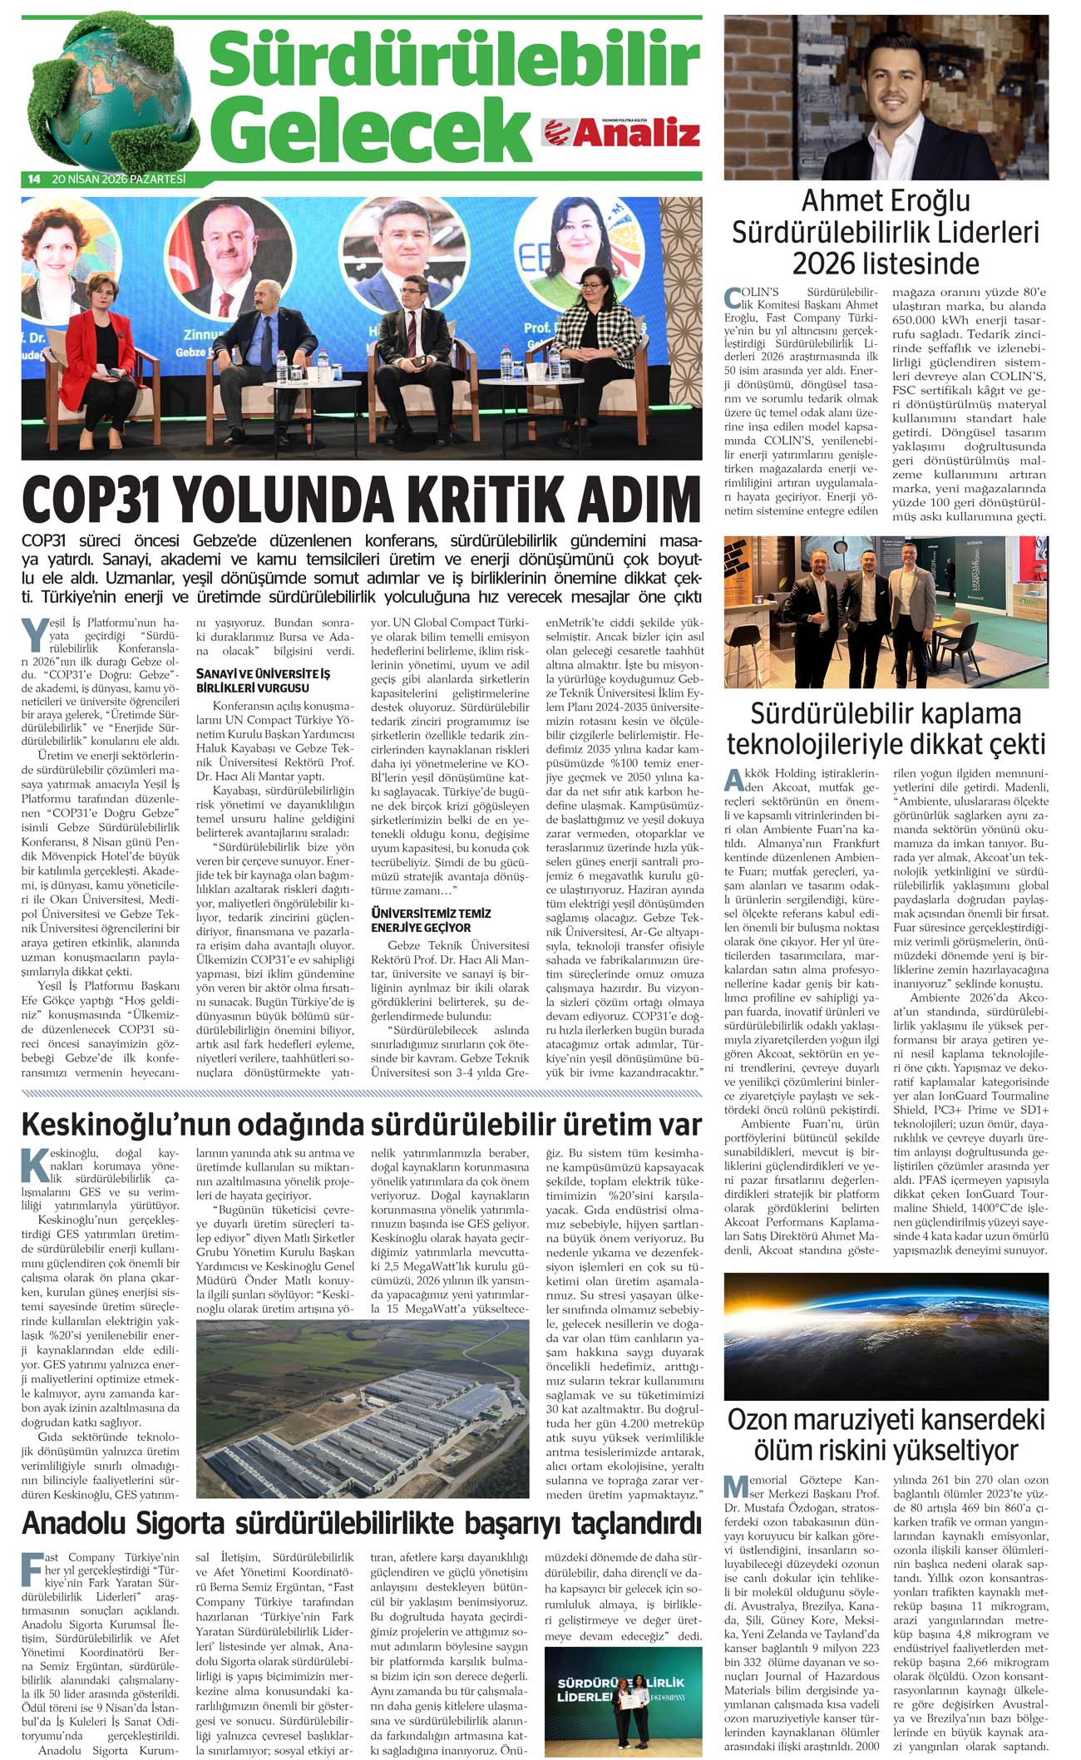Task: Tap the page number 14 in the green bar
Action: pyautogui.click(x=34, y=180)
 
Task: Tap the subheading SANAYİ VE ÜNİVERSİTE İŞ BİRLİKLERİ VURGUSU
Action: pyautogui.click(x=263, y=680)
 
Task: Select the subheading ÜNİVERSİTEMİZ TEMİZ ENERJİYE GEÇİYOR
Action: pyautogui.click(x=431, y=919)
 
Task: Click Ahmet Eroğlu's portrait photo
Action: pyautogui.click(x=886, y=97)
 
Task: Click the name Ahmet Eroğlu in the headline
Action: pyautogui.click(x=886, y=201)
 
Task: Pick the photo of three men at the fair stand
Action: pyautogui.click(x=886, y=612)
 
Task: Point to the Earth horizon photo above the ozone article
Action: pyautogui.click(x=886, y=1335)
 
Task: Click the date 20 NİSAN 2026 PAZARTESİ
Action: pyautogui.click(x=118, y=180)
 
